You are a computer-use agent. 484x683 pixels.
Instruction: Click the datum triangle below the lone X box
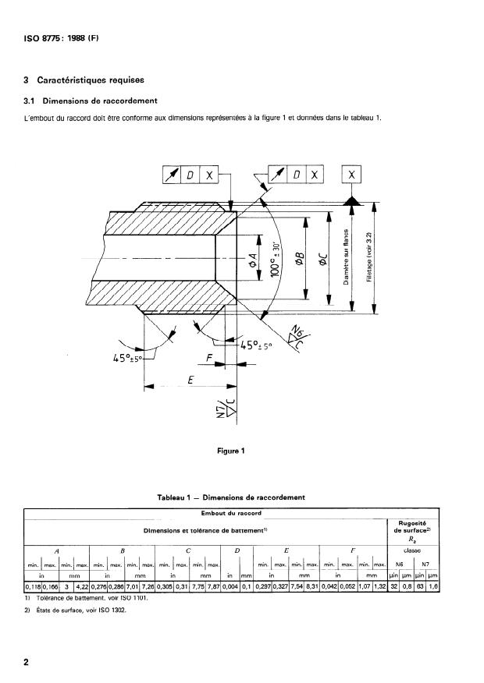coord(351,201)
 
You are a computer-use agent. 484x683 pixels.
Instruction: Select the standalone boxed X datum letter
coord(351,175)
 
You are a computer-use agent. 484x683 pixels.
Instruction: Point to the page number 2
coord(27,663)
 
